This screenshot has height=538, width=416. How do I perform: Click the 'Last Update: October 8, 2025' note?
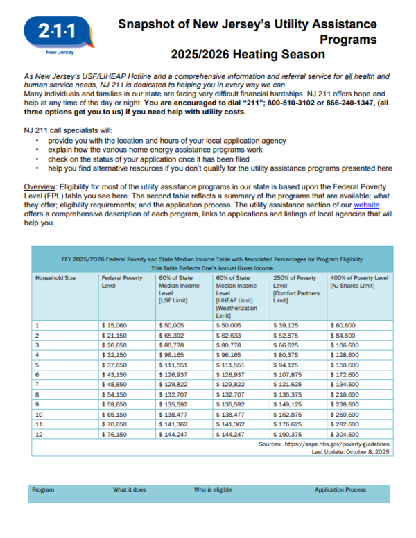click(351, 451)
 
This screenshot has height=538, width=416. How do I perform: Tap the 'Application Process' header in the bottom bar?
click(340, 489)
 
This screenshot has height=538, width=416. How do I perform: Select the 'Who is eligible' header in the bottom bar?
click(212, 489)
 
